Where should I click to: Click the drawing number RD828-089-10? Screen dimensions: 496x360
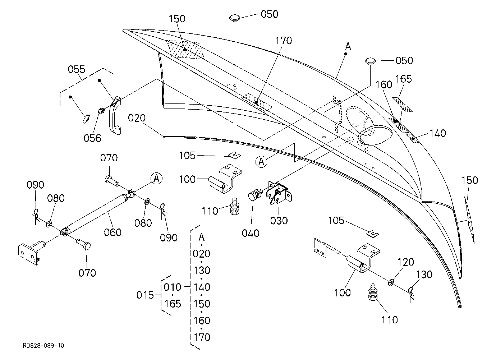click(43, 345)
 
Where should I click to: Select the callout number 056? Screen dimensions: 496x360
click(92, 138)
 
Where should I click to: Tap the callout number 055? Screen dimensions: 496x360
click(77, 69)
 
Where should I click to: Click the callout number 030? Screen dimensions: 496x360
click(279, 221)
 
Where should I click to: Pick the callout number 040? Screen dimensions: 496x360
click(251, 233)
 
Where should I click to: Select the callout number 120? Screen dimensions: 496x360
click(406, 262)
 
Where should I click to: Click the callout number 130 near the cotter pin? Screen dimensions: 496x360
click(424, 275)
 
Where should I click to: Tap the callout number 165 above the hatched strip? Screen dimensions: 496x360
click(403, 79)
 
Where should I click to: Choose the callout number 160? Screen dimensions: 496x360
click(384, 84)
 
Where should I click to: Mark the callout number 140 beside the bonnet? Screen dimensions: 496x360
click(437, 133)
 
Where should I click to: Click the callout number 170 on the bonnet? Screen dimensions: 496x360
click(284, 41)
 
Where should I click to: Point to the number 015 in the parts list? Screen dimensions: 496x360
click(145, 295)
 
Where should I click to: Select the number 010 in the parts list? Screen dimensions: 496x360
click(172, 287)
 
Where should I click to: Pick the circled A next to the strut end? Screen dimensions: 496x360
click(157, 178)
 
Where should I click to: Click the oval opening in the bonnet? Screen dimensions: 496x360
click(375, 135)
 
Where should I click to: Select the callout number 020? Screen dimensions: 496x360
click(137, 118)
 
